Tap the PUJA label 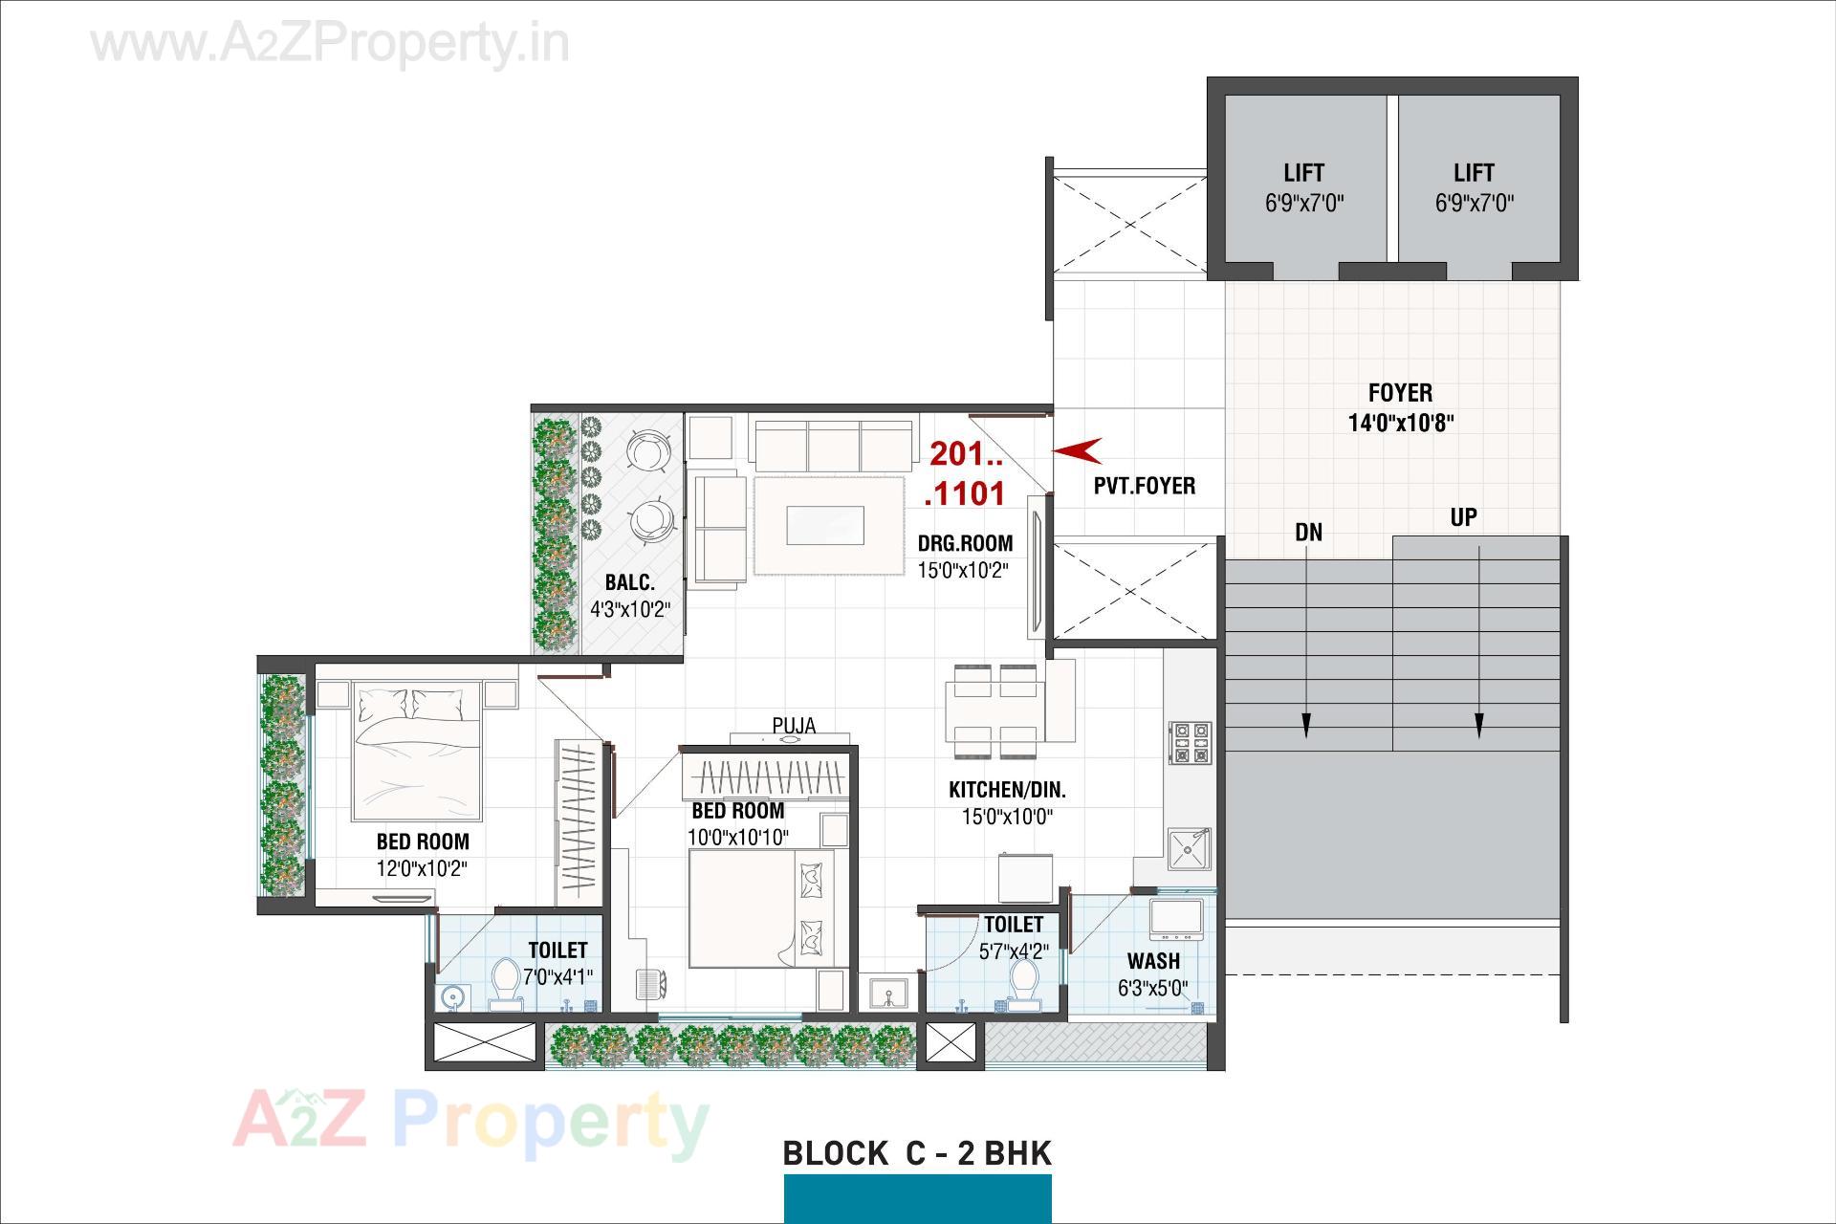tap(794, 726)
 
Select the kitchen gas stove tap(1191, 743)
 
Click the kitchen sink tap(1189, 848)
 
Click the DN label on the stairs tap(1308, 533)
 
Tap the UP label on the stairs tap(1463, 517)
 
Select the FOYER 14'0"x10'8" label tap(1401, 407)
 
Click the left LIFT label tap(1303, 186)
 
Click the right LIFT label tap(1474, 186)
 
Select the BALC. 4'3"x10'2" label tap(629, 595)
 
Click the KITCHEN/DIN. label tap(1007, 790)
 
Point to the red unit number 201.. tap(965, 452)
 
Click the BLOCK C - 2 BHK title tap(917, 1153)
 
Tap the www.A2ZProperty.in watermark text tap(330, 43)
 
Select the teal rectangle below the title tap(917, 1199)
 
